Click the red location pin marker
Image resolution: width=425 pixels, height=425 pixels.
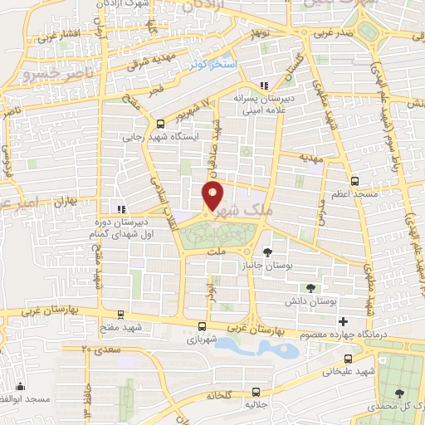(x=213, y=196)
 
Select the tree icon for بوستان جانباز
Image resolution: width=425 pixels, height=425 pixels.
(x=266, y=251)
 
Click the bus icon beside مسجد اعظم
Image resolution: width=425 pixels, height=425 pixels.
(x=355, y=180)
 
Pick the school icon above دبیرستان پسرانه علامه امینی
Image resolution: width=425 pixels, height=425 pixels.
(x=263, y=85)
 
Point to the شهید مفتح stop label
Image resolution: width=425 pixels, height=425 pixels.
(x=121, y=328)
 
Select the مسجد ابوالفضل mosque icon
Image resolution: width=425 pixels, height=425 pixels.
(x=20, y=386)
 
